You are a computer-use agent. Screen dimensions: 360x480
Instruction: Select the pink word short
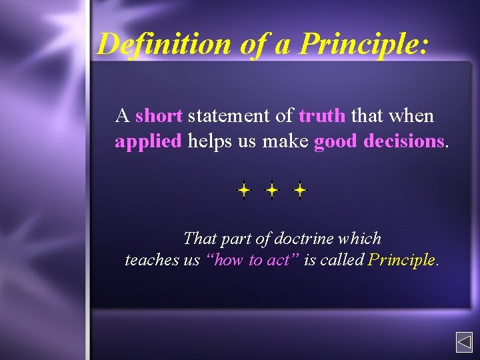pyautogui.click(x=159, y=116)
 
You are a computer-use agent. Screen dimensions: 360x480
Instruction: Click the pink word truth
pyautogui.click(x=322, y=116)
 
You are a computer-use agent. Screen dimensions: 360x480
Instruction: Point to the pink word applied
pyautogui.click(x=148, y=141)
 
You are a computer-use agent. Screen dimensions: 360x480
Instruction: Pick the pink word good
pyautogui.click(x=336, y=141)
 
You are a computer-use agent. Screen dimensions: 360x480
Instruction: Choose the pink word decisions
pyautogui.click(x=404, y=141)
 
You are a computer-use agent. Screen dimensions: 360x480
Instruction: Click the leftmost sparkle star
pyautogui.click(x=244, y=191)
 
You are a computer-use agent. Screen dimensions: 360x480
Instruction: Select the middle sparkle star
pyautogui.click(x=272, y=191)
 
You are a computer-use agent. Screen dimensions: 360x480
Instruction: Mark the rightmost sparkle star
pyautogui.click(x=300, y=191)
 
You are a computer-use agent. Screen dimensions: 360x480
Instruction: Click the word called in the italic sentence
pyautogui.click(x=341, y=260)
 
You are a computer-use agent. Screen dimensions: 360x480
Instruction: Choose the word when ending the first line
pyautogui.click(x=411, y=116)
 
